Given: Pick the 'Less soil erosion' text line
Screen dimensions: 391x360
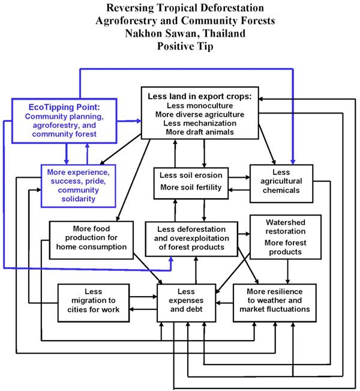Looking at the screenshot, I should [x=190, y=175].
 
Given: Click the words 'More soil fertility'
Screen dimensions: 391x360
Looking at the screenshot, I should [x=190, y=188].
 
